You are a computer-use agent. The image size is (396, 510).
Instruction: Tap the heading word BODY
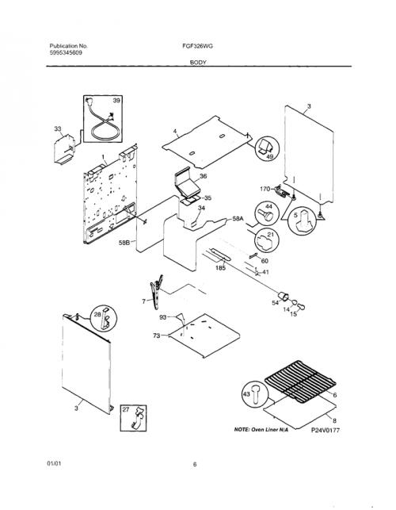click(x=198, y=63)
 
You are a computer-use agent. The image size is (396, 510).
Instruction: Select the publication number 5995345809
click(x=66, y=52)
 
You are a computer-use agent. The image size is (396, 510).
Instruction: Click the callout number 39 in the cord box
click(x=116, y=101)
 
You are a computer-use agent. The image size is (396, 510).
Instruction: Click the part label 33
click(x=58, y=129)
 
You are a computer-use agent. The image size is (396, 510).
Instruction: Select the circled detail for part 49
click(x=268, y=148)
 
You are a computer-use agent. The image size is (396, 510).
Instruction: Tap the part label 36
click(x=203, y=176)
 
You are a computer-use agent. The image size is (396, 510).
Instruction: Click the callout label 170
click(x=265, y=189)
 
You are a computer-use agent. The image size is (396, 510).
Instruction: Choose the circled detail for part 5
click(x=302, y=221)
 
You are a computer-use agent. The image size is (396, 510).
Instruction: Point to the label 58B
click(x=124, y=243)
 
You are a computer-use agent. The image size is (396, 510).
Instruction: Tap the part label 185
click(x=221, y=268)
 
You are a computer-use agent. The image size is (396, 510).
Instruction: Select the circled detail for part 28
click(x=104, y=318)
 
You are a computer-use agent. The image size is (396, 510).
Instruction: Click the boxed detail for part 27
click(x=134, y=418)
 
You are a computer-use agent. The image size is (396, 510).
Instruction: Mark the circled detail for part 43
click(x=255, y=394)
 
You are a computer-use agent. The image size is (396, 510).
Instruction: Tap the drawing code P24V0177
click(x=326, y=431)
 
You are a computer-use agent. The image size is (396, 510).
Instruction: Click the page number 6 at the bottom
click(x=195, y=465)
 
